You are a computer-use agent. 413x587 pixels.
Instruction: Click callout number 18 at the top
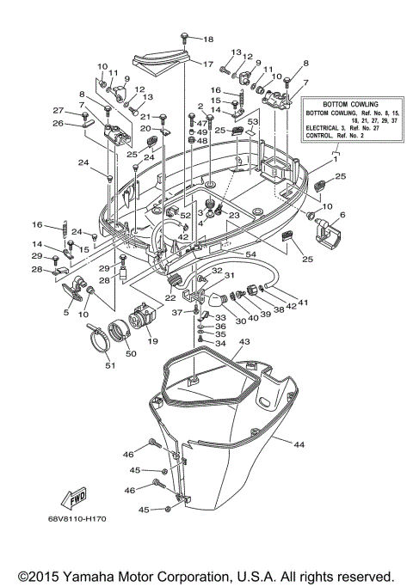click(207, 40)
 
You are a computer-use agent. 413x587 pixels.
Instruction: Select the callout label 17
click(207, 64)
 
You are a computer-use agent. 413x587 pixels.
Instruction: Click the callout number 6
click(342, 215)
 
